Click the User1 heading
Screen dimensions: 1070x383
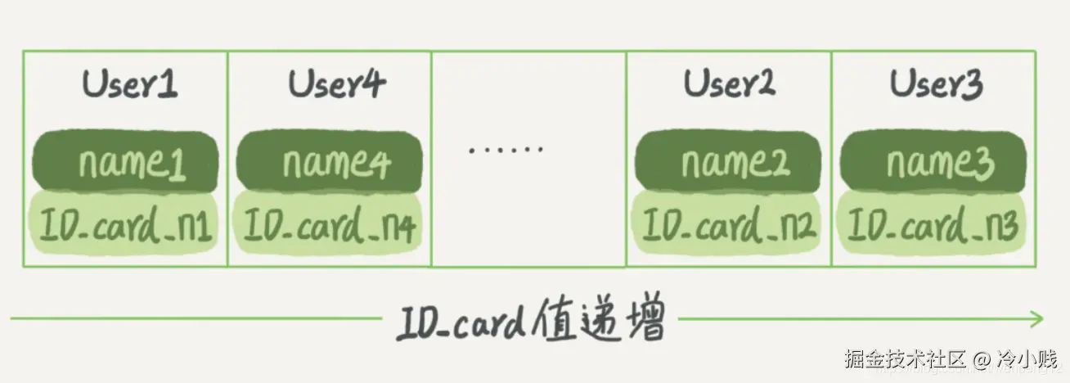coord(130,84)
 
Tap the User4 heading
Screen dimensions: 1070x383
coord(336,84)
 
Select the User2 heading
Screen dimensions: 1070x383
coord(729,84)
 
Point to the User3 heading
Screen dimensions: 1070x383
coord(936,84)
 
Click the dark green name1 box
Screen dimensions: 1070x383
coord(125,162)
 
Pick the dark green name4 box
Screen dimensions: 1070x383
coord(330,162)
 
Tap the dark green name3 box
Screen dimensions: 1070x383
coord(933,162)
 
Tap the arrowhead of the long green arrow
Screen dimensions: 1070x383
coord(1037,318)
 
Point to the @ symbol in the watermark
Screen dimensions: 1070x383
coord(982,358)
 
